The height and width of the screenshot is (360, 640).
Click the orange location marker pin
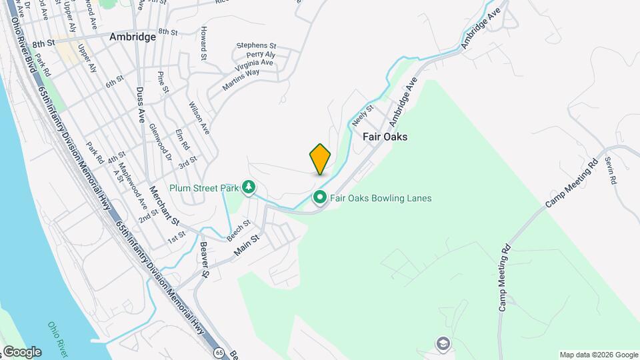pyautogui.click(x=320, y=159)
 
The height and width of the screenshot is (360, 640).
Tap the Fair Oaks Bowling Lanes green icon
pyautogui.click(x=319, y=197)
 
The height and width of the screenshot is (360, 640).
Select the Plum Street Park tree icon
pyautogui.click(x=249, y=187)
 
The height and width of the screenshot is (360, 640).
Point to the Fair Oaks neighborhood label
pyautogui.click(x=385, y=136)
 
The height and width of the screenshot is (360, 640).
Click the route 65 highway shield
pyautogui.click(x=219, y=351)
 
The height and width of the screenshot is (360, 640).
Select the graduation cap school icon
pyautogui.click(x=442, y=344)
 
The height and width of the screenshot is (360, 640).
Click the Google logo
pyautogui.click(x=22, y=351)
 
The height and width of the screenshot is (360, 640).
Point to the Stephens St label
pyautogui.click(x=256, y=46)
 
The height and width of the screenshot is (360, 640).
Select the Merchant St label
pyautogui.click(x=165, y=205)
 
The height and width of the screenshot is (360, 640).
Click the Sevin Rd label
pyautogui.click(x=610, y=170)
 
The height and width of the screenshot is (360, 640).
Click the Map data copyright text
pyautogui.click(x=598, y=355)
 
